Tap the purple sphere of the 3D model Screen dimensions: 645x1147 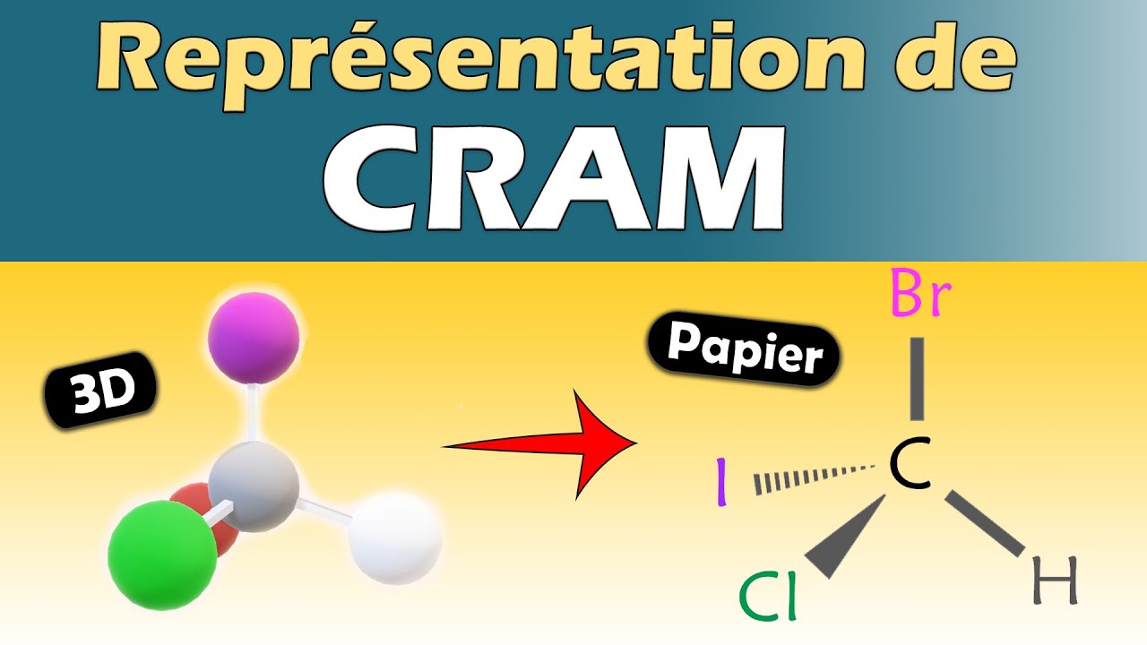(x=253, y=338)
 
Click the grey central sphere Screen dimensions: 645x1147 (x=254, y=488)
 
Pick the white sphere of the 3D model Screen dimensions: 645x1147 (x=395, y=537)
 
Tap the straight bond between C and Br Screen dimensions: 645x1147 (x=916, y=379)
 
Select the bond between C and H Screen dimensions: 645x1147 (x=987, y=524)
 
